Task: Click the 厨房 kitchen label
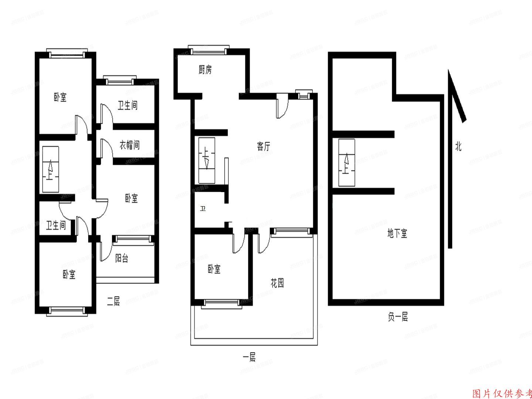click(x=205, y=70)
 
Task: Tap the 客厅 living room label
click(x=263, y=146)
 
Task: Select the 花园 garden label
click(x=277, y=283)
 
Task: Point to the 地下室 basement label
click(x=397, y=233)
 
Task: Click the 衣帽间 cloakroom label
click(x=130, y=145)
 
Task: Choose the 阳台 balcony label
click(x=122, y=258)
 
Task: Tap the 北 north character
click(x=458, y=147)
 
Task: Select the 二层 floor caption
click(x=113, y=302)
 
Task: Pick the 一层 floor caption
click(x=249, y=357)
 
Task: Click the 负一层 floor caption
click(x=398, y=317)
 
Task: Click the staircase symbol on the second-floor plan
click(x=50, y=169)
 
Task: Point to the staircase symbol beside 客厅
click(x=207, y=160)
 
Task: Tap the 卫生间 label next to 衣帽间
click(x=128, y=106)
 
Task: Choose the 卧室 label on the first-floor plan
click(x=214, y=269)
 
